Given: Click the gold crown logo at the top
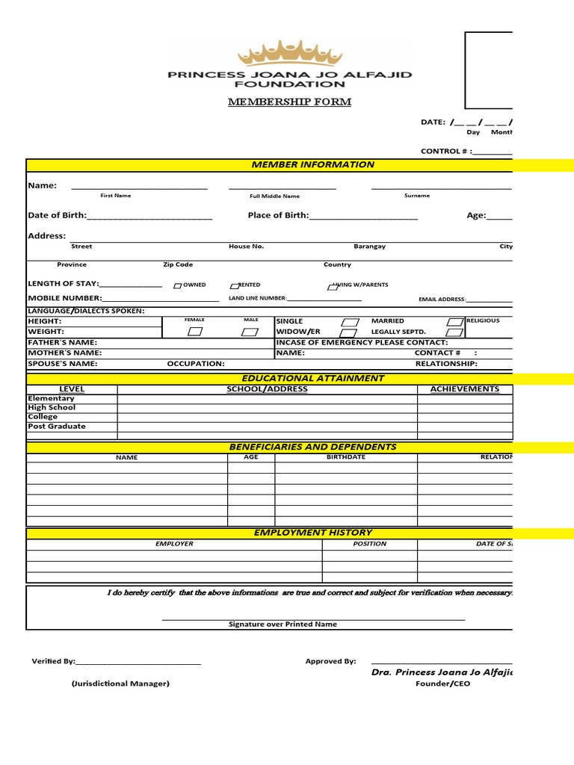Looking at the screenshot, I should (x=289, y=54).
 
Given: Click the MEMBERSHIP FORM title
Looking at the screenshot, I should (x=289, y=102).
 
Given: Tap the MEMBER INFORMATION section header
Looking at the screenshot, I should (x=312, y=164).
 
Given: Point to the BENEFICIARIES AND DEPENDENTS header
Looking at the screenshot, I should (x=312, y=447).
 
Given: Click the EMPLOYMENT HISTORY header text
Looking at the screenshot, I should (x=312, y=532).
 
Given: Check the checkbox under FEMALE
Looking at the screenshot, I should (x=194, y=332).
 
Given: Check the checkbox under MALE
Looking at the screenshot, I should (x=251, y=332).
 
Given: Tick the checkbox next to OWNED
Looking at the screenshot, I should (x=177, y=285).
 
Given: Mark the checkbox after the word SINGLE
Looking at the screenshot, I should (x=349, y=322).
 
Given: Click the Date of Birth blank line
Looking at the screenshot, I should (x=149, y=217).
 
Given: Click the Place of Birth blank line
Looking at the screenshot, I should (x=363, y=217).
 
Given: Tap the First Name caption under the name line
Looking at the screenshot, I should (x=116, y=196).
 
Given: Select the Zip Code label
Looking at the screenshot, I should (x=178, y=264).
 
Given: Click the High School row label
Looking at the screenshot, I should (x=52, y=408).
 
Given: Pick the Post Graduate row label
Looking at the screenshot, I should (x=57, y=426).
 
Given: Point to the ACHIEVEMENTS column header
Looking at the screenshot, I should (x=464, y=389).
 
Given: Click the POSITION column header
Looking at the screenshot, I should (x=369, y=544).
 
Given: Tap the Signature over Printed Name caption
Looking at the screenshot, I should (x=283, y=624).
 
